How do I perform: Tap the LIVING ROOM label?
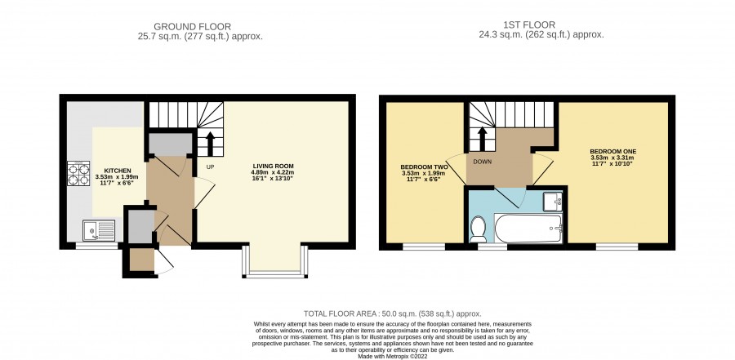[274, 166]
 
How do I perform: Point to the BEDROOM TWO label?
[424, 167]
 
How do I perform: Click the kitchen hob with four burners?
[78, 173]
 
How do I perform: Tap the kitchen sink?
[99, 230]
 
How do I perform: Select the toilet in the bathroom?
[478, 229]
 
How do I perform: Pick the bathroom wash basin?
[553, 202]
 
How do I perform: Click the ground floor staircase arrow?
[210, 144]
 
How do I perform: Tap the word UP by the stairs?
[211, 167]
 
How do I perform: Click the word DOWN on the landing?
[483, 162]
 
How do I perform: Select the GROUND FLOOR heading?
[192, 27]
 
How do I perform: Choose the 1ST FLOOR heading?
[529, 25]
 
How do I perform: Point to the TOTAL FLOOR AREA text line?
[392, 314]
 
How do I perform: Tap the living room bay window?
[275, 261]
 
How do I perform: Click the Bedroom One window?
[617, 247]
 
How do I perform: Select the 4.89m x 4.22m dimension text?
[274, 172]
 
